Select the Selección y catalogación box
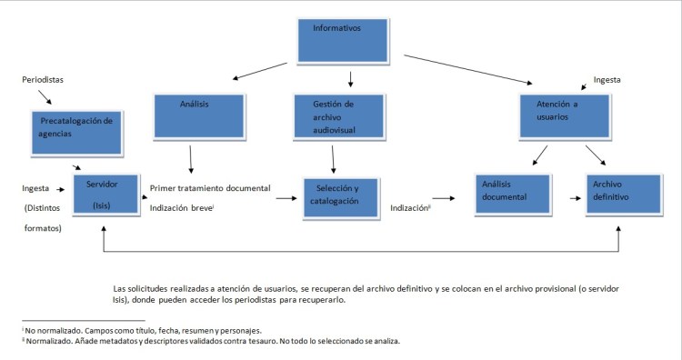click(x=340, y=197)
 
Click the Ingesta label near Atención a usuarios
click(x=607, y=80)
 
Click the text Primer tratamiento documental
click(x=210, y=188)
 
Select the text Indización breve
click(x=180, y=207)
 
